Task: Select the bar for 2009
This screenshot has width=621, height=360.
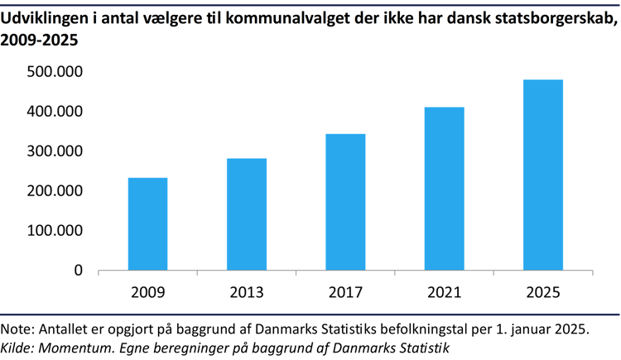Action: click(147, 224)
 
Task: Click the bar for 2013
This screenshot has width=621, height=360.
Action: click(247, 214)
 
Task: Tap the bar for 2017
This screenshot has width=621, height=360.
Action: click(345, 202)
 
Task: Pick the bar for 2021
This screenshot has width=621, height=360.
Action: click(445, 189)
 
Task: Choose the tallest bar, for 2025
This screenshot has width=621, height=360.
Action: click(543, 175)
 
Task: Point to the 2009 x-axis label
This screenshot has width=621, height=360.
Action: click(147, 293)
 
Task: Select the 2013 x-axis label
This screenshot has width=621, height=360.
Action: click(247, 293)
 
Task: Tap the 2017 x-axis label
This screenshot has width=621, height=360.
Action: click(345, 293)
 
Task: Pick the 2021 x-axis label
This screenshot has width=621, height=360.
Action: click(445, 293)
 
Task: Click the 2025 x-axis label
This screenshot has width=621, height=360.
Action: click(543, 293)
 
